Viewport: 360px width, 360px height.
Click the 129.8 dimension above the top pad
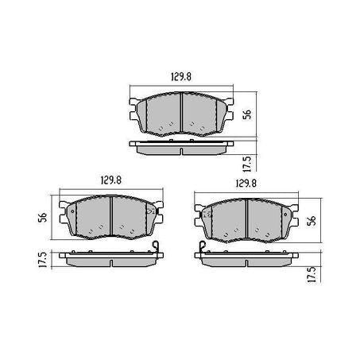(x=181, y=77)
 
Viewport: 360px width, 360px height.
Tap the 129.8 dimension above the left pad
(x=111, y=180)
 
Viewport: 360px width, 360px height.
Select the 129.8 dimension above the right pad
(x=246, y=184)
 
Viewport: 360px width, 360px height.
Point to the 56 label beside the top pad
(x=247, y=114)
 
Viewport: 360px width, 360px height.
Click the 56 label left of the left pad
(x=43, y=217)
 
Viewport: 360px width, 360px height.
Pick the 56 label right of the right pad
(x=313, y=220)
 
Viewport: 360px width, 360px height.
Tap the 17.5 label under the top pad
(x=247, y=164)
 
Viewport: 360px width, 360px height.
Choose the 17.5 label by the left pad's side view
(x=43, y=259)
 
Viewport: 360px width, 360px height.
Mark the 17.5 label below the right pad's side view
(x=313, y=274)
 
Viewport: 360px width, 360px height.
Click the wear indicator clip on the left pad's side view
(x=156, y=247)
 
